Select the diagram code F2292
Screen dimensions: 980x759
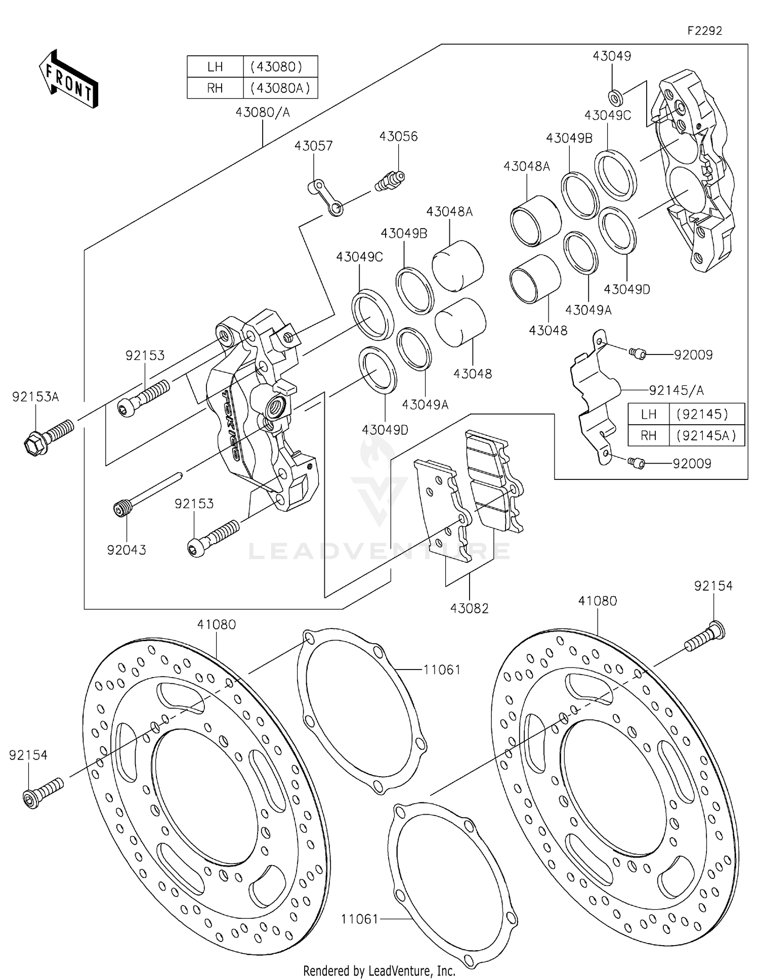pos(704,31)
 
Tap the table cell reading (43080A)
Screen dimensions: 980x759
pos(280,88)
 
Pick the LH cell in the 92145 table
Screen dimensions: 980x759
pos(648,414)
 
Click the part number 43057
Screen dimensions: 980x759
pos(313,146)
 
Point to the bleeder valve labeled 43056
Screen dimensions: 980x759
pos(390,181)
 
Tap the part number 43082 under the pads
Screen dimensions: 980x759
pos(469,608)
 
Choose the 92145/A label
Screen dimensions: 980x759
pos(676,390)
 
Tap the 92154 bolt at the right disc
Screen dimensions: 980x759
pos(705,637)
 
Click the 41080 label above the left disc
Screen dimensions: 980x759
pos(216,625)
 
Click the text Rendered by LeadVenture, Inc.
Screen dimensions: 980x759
pos(379,970)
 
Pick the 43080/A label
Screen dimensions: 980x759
pos(262,112)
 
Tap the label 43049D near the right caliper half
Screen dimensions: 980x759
pos(626,289)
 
